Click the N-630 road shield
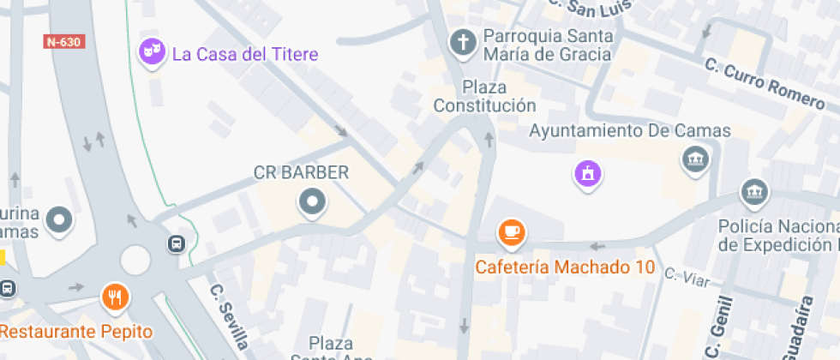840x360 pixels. pyautogui.click(x=64, y=41)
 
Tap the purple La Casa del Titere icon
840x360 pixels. pyautogui.click(x=153, y=53)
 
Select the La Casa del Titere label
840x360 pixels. pyautogui.click(x=245, y=54)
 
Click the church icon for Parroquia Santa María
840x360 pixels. pyautogui.click(x=463, y=42)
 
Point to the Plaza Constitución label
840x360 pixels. pyautogui.click(x=484, y=97)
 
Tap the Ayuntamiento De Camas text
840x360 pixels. pyautogui.click(x=629, y=131)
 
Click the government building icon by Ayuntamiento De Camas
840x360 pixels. pyautogui.click(x=693, y=159)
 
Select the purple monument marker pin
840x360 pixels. pyautogui.click(x=588, y=174)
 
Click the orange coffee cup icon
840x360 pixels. pyautogui.click(x=512, y=231)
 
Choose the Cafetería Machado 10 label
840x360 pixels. pyautogui.click(x=566, y=267)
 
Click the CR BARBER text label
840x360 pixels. pyautogui.click(x=302, y=172)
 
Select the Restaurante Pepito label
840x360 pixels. pyautogui.click(x=76, y=332)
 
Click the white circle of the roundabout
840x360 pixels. pyautogui.click(x=135, y=258)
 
